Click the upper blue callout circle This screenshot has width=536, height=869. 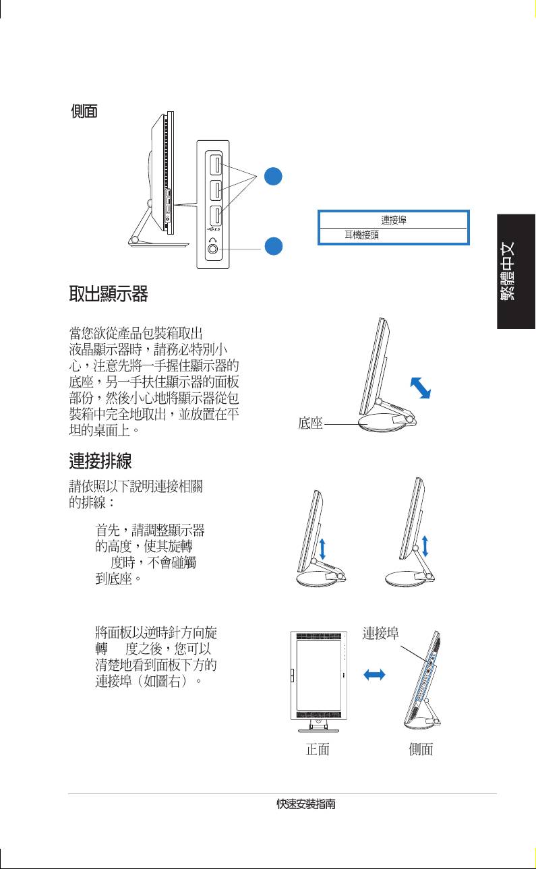click(273, 176)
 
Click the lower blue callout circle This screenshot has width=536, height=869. click(274, 246)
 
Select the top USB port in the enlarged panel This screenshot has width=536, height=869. click(216, 164)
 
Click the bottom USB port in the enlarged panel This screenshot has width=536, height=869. click(216, 216)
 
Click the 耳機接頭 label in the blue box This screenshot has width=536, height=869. click(361, 235)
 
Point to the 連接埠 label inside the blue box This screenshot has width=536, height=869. click(393, 220)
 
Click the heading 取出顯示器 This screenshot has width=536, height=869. click(108, 294)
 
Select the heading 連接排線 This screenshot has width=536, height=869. click(100, 461)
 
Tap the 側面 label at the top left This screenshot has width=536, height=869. click(84, 111)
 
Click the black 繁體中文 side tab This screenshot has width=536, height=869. click(516, 272)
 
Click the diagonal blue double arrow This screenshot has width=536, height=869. click(421, 388)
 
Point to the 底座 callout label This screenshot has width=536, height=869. click(310, 423)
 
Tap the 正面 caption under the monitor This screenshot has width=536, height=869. click(318, 749)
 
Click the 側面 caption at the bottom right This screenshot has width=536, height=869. click(421, 749)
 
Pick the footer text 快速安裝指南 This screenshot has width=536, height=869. click(306, 804)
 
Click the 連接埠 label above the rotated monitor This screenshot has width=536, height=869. click(380, 633)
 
